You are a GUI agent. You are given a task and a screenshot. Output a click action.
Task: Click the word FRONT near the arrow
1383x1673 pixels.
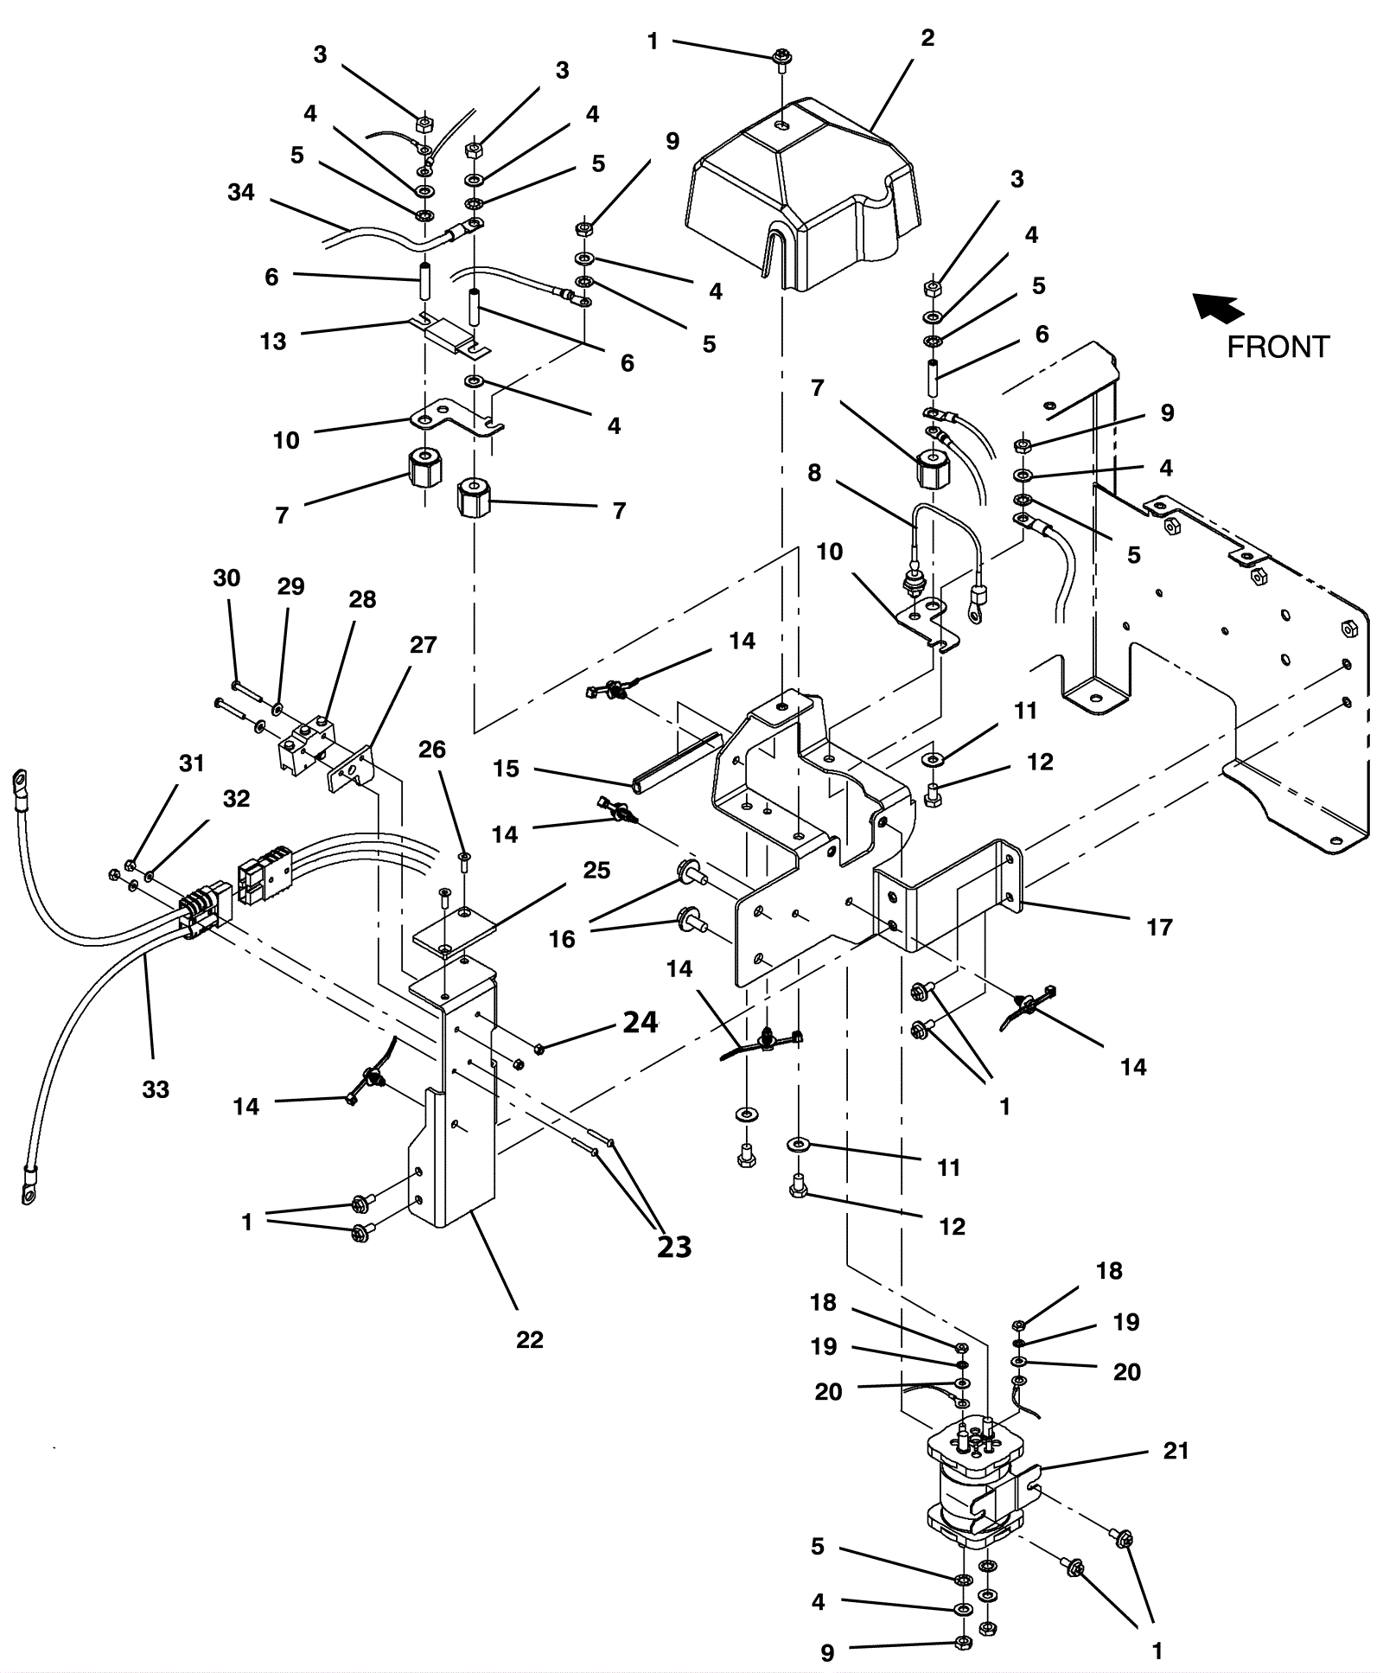coord(1278,347)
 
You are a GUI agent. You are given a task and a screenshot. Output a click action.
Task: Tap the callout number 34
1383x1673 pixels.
coord(241,192)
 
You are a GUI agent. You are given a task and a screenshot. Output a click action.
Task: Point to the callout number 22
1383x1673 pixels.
coord(530,1339)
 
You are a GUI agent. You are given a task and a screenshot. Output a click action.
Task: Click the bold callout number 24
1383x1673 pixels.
coord(641,1023)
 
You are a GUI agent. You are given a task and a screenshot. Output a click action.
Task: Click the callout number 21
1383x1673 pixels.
coord(1176,1450)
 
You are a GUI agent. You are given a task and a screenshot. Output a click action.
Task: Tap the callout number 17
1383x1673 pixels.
coord(1159,927)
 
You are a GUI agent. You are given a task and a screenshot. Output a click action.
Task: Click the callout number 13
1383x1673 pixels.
coord(273,341)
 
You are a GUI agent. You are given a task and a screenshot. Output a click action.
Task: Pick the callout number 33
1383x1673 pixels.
coord(156,1089)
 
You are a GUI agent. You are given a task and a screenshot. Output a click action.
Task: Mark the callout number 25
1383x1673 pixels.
coord(596,870)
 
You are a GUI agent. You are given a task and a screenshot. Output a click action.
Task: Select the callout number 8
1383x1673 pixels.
coord(814,473)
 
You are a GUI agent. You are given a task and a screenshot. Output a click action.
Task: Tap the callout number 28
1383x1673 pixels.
coord(362,599)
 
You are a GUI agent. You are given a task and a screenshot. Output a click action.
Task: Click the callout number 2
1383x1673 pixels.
coord(927,38)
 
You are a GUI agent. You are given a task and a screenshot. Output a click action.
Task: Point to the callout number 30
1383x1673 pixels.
coord(226,578)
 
